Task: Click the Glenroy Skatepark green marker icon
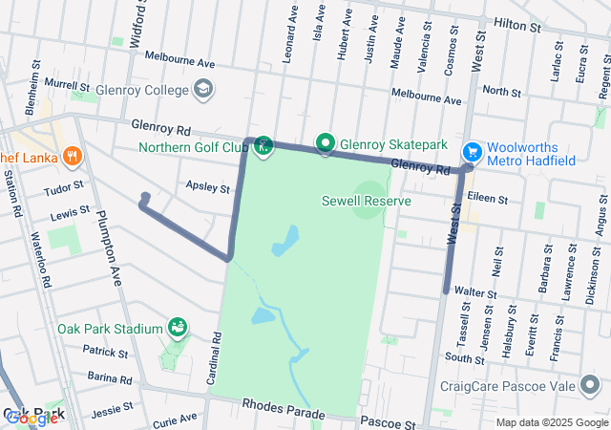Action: (325, 144)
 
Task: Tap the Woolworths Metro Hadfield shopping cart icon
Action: (472, 152)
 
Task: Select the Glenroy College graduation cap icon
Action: (202, 89)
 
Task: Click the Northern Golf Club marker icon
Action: (263, 147)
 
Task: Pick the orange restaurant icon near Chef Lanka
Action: (72, 157)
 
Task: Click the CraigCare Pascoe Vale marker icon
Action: (430, 387)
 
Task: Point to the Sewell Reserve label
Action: (367, 202)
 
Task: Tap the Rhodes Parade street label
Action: (284, 408)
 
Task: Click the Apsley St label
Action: (208, 188)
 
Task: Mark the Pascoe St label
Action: (388, 421)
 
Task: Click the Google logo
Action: (32, 418)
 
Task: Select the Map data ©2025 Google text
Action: (550, 422)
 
